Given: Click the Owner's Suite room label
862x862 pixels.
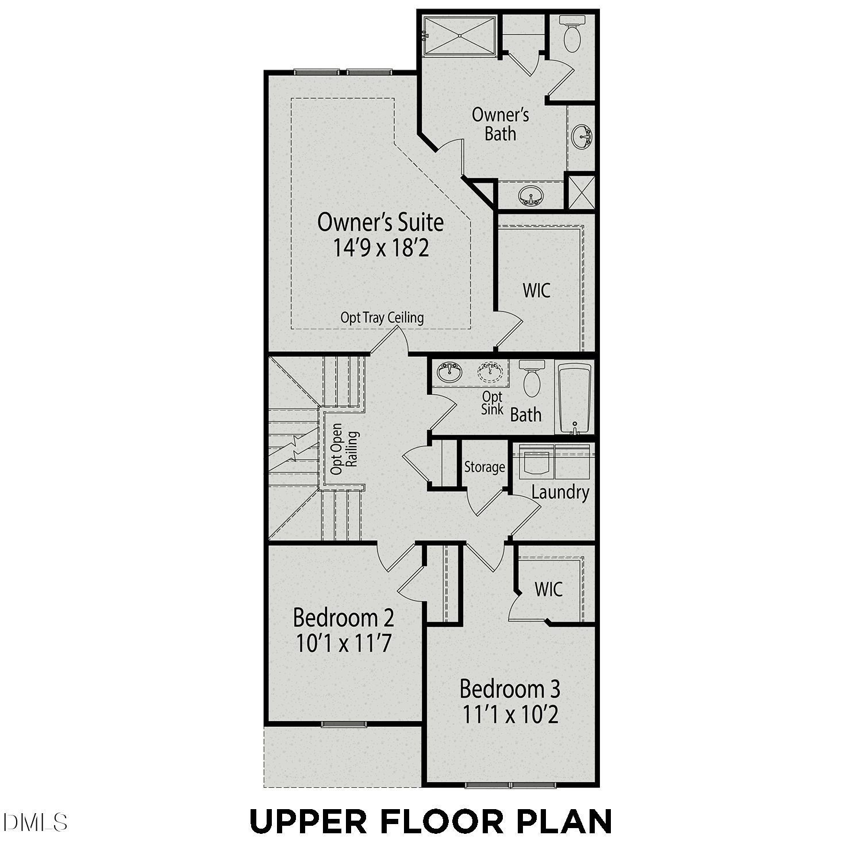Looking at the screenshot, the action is pos(380,222).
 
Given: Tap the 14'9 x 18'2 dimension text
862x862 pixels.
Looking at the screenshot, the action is pos(381,248).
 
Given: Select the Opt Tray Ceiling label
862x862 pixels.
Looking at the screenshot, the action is pos(382,317).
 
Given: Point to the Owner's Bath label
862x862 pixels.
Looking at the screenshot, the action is pos(500,124).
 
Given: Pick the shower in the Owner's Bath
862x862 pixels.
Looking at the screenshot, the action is pos(460,36).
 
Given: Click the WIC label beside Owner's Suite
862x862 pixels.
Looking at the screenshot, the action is pos(536,290).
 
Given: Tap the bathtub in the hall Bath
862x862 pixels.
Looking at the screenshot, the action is pos(575,398).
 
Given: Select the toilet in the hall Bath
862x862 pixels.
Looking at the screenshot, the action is pos(532,378).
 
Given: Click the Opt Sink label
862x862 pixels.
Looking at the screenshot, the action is pos(492,403).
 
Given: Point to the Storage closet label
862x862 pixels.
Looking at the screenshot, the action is pos(484,467).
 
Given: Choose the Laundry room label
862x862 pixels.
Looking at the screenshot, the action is pos(560,492).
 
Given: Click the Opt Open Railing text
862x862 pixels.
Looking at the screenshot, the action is pos(344,449).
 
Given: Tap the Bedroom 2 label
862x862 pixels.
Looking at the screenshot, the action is pos(344,618).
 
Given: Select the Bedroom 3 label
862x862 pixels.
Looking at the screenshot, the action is pos(510,688).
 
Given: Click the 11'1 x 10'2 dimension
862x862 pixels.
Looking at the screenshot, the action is pos(510,714).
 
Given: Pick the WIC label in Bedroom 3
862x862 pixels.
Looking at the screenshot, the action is pos(548,589).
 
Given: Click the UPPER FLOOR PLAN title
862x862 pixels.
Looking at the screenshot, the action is pos(430,821).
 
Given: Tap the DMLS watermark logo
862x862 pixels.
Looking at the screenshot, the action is pos(34,822).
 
